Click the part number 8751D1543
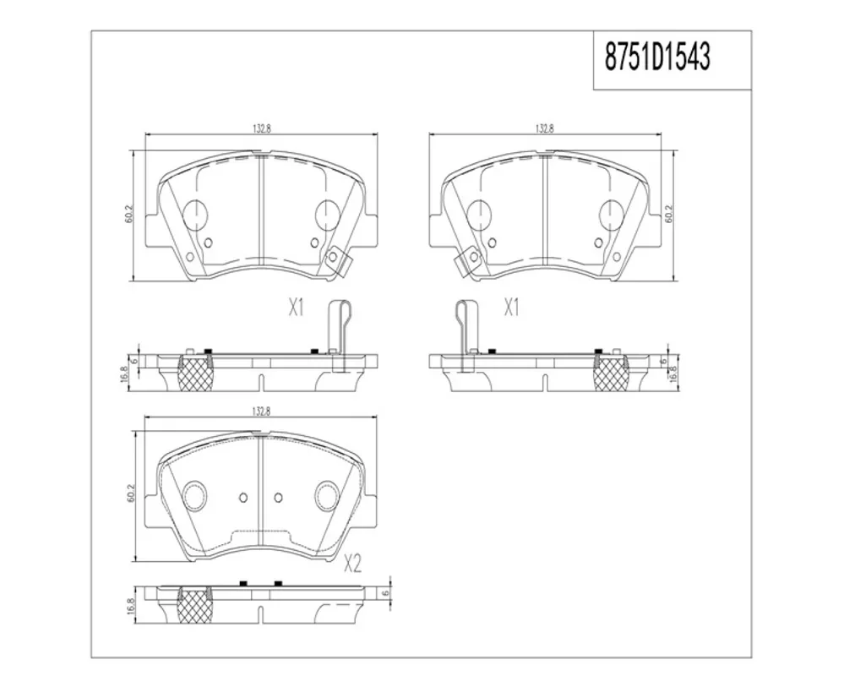657,57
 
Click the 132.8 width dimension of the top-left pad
261,129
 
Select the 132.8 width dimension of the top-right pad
545,129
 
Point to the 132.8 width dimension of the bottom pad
261,412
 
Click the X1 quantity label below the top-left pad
297,308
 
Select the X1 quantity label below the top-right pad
511,308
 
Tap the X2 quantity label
352,564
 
